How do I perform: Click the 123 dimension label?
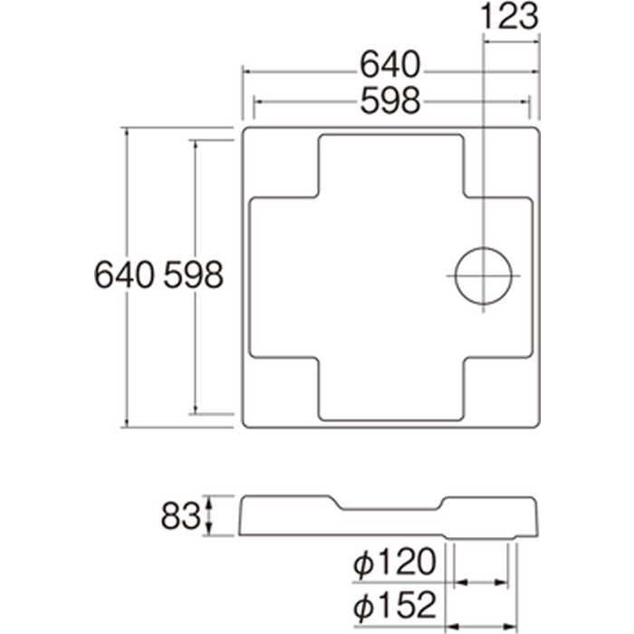coord(509,16)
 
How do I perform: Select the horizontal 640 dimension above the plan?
coord(390,65)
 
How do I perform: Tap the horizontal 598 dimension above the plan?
coord(390,101)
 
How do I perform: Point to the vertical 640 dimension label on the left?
coord(124,274)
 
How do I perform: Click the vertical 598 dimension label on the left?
coord(194,274)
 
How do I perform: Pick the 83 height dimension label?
coord(181,516)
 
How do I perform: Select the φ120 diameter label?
coord(395,562)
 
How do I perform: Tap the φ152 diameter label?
coord(395,605)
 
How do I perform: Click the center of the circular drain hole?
coord(484,275)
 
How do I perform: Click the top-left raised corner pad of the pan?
coord(280,162)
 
